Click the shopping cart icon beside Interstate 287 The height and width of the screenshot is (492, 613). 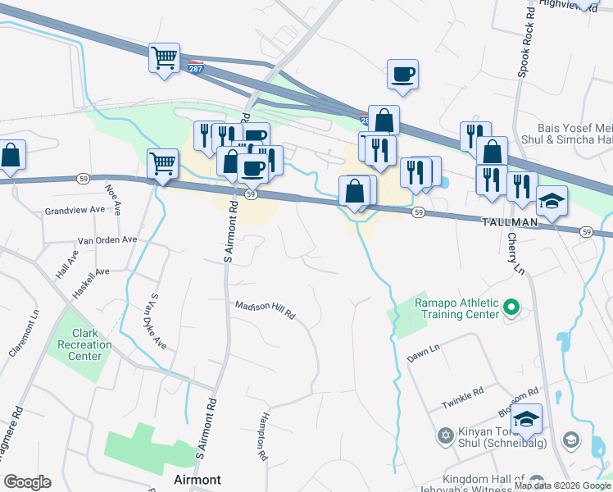(165, 58)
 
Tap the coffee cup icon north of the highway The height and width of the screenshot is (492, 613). (402, 75)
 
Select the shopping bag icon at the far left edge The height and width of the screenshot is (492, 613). (10, 155)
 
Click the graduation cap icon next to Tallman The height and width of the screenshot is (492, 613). (552, 201)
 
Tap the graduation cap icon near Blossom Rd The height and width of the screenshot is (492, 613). (526, 419)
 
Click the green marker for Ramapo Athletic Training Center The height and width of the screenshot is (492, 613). (511, 308)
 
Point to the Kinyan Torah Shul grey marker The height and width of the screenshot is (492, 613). (445, 435)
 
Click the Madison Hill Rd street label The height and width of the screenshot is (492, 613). (265, 309)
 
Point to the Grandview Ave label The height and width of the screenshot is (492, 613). (75, 210)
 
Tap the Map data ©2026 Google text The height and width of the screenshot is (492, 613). (561, 485)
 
